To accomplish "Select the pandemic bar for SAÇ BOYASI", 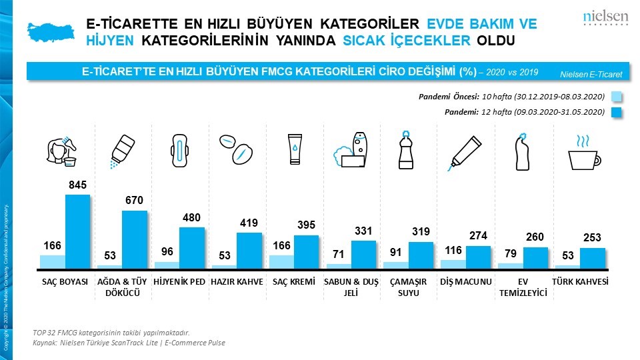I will click(77, 231).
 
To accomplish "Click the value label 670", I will click(134, 200).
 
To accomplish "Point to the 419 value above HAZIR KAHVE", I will click(249, 223).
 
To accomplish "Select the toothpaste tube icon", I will click(465, 151).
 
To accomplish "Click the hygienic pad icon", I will click(177, 150).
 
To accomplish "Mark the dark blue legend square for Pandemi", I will click(616, 112).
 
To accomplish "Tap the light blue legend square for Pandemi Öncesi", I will click(616, 97).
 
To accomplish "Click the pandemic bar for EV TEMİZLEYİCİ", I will click(535, 258).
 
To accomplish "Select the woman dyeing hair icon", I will click(65, 151).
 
